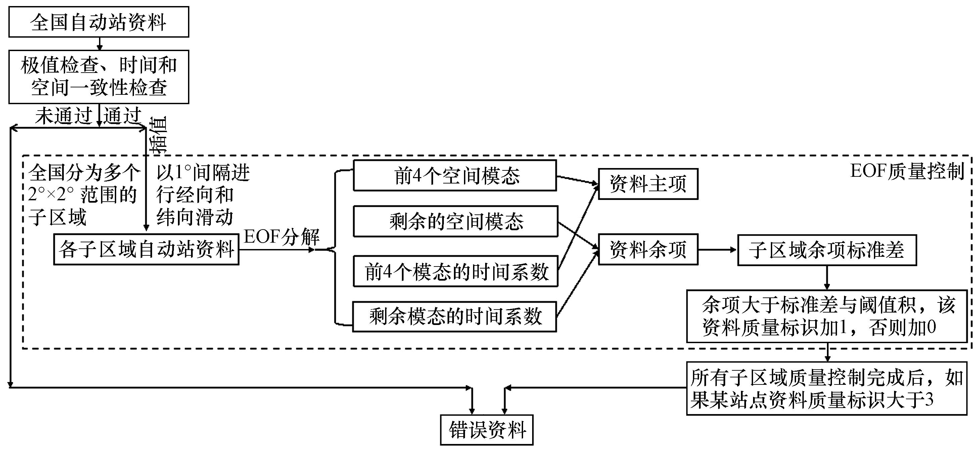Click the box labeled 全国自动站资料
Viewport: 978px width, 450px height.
(x=98, y=22)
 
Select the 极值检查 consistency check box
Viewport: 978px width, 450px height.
(x=98, y=77)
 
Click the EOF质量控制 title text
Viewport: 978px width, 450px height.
(x=906, y=171)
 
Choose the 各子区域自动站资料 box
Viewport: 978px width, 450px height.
(x=146, y=250)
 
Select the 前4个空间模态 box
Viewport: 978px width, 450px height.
(x=455, y=175)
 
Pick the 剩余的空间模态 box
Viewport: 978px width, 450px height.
(x=455, y=221)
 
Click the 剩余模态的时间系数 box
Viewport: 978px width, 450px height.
(x=455, y=317)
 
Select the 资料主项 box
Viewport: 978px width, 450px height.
(x=648, y=184)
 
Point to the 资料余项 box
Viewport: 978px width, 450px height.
(x=648, y=249)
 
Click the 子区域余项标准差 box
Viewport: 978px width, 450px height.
(x=827, y=250)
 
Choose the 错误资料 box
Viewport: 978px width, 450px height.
(x=486, y=430)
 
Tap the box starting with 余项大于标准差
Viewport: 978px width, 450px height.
(x=827, y=316)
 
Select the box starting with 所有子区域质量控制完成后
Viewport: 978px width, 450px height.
(x=827, y=388)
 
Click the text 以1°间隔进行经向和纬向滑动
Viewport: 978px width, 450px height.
(x=203, y=195)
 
